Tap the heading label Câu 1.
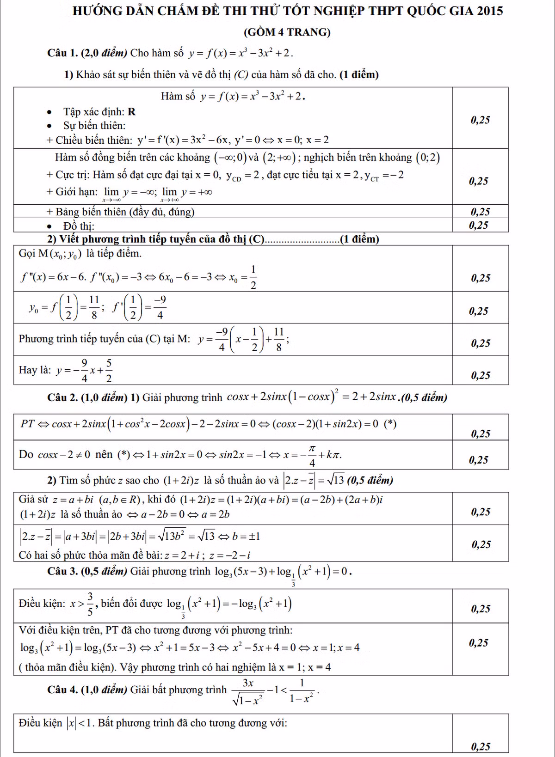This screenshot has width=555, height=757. (x=62, y=53)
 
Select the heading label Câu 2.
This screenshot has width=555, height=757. (x=62, y=397)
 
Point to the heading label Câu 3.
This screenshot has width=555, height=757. (x=62, y=572)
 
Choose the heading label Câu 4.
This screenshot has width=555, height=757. (x=62, y=690)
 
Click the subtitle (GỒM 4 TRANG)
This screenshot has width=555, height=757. (x=287, y=32)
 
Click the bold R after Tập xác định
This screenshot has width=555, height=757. (x=131, y=112)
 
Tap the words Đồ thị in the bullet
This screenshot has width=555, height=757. (x=79, y=226)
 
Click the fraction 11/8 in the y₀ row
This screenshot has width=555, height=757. (x=94, y=308)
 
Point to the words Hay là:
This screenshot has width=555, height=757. (x=35, y=370)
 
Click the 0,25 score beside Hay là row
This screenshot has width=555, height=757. (x=481, y=375)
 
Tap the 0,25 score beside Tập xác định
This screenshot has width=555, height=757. (x=481, y=120)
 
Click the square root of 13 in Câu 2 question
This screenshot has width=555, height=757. (x=336, y=480)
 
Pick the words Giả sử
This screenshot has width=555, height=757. (x=33, y=500)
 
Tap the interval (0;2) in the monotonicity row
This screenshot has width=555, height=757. (x=427, y=158)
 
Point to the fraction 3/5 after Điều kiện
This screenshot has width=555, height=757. (x=90, y=604)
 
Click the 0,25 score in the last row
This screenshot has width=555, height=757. (x=481, y=746)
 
